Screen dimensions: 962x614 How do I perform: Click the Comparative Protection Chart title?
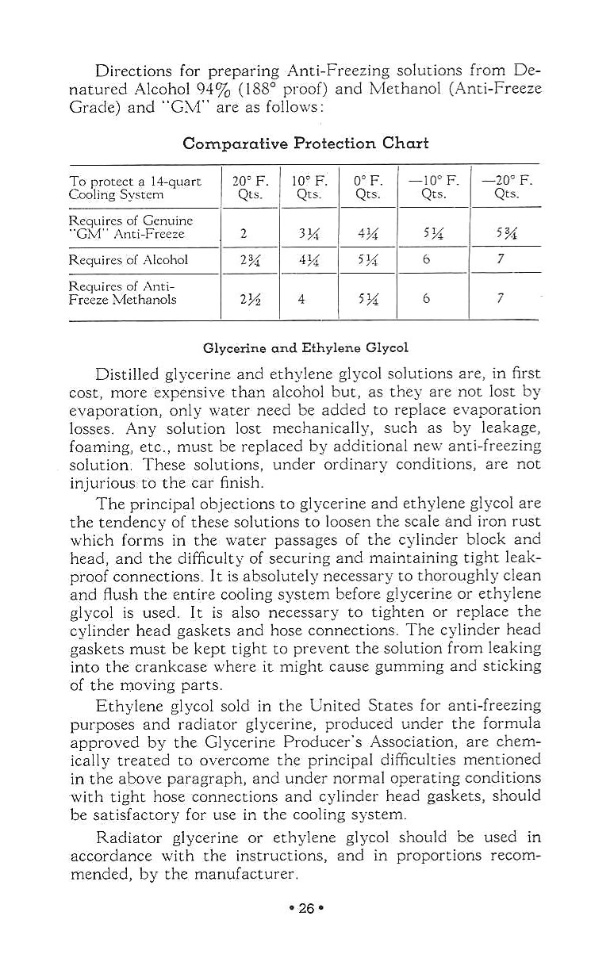point(305,144)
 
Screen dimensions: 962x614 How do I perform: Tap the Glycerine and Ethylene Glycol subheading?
point(305,348)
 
